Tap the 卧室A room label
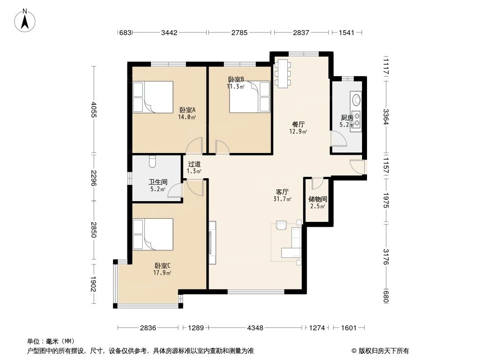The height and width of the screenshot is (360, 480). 187,110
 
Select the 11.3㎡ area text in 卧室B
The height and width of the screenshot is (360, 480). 235,86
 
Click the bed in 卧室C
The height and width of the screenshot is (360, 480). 153,234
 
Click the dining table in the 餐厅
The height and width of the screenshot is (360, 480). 282,73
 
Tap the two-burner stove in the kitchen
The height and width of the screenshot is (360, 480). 357,118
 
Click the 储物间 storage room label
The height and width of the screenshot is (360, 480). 317,199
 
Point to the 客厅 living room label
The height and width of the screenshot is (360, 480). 282,192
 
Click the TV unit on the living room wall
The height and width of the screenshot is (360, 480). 212,242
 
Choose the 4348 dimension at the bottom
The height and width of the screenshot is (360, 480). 255,328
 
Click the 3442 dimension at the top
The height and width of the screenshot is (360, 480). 169,32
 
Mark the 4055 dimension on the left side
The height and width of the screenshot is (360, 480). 93,110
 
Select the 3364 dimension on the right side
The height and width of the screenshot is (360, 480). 385,117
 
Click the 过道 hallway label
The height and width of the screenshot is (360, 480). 194,164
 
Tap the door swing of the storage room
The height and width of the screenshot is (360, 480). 317,184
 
